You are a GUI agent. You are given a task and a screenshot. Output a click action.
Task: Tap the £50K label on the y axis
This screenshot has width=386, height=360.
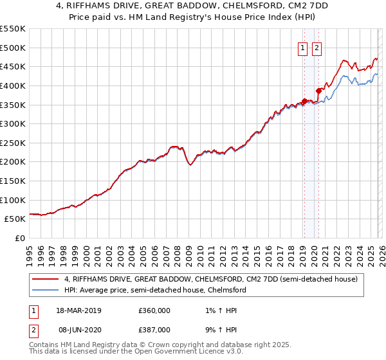14,219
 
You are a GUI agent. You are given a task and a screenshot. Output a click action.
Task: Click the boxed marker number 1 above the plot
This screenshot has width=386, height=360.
302,47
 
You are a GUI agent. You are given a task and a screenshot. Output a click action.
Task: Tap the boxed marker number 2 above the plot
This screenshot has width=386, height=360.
317,47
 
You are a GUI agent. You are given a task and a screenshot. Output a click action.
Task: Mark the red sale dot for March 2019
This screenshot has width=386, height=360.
304,101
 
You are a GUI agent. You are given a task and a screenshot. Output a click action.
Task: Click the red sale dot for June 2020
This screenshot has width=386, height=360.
318,91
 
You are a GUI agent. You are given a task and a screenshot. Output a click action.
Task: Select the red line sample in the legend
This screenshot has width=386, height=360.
46,279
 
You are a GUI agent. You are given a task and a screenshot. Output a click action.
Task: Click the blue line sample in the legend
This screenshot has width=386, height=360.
46,290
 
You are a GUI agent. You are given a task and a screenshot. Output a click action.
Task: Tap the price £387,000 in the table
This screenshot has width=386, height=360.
154,329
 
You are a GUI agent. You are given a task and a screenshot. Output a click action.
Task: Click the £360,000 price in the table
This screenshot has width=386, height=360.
154,310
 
